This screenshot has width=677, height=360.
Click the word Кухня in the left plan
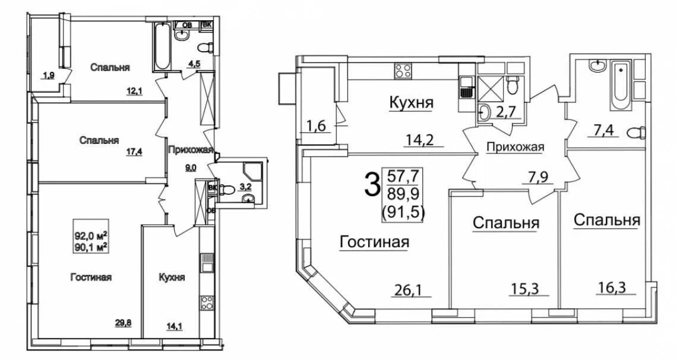(x=172, y=277)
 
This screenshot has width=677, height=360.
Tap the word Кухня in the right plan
(x=411, y=103)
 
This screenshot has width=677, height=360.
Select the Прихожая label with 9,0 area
(x=190, y=150)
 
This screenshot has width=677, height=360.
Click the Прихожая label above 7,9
(x=514, y=148)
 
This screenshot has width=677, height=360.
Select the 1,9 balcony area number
(x=48, y=75)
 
